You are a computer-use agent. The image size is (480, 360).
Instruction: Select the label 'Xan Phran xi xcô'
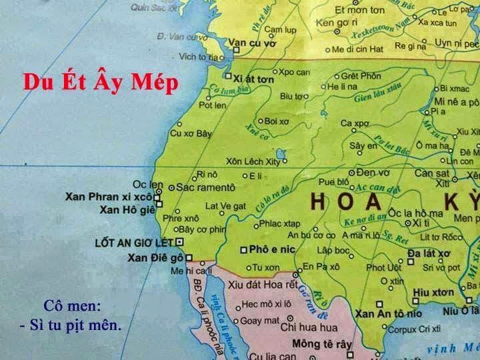click(x=109, y=197)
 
